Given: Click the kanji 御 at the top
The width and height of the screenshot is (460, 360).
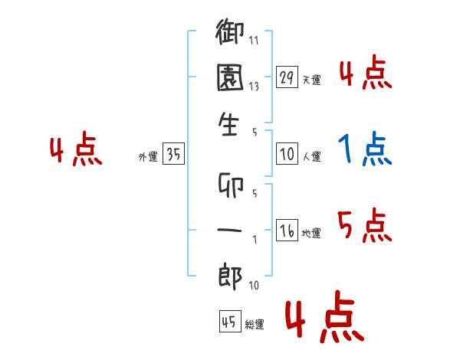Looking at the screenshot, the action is pos(231,34).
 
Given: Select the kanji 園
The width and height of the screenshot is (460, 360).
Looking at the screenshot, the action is pos(231,79).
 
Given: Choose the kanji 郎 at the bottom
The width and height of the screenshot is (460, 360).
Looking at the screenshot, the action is pos(230,277).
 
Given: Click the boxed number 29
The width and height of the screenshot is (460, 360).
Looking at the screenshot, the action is pos(287,77).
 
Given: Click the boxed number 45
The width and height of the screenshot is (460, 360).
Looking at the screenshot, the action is pos(228,322).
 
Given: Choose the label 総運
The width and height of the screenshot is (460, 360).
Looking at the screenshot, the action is pos(254,325).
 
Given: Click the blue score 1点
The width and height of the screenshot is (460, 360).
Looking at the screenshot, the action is pos(365,149).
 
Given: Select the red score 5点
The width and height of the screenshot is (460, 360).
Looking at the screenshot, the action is pos(363,226).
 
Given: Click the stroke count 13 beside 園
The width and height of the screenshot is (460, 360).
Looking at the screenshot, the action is pos(254,87).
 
